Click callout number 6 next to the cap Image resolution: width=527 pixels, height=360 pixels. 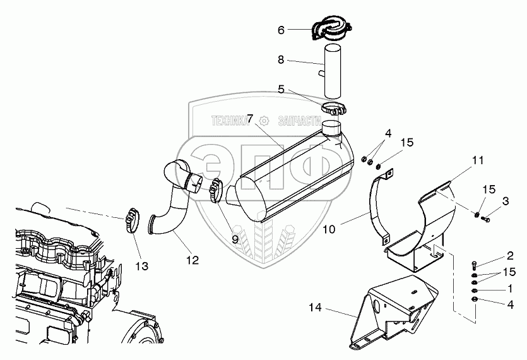coord(281,30)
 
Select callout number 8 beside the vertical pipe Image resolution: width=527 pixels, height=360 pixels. coord(281,60)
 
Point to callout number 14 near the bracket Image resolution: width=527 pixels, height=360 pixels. coord(315,308)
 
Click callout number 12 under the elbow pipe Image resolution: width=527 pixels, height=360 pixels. coord(192,260)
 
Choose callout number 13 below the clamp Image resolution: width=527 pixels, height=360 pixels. coord(142,266)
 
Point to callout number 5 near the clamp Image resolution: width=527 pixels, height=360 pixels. coord(281,89)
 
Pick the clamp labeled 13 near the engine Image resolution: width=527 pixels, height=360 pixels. coord(133,219)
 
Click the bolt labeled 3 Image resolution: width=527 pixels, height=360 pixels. coord(485,219)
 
